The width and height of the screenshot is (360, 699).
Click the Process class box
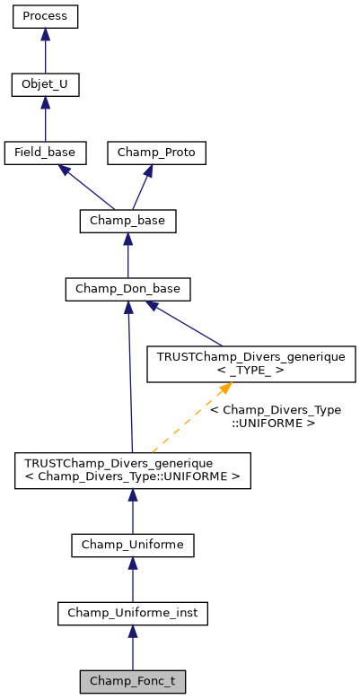coord(45,17)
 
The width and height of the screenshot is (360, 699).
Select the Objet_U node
coord(45,85)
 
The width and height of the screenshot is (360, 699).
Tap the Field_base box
coord(45,153)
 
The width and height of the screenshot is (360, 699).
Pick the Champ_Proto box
coord(157,153)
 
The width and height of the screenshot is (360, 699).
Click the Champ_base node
coord(127,221)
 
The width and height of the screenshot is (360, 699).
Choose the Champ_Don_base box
coord(127,289)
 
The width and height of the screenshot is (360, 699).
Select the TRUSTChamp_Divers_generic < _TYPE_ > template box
coord(251,363)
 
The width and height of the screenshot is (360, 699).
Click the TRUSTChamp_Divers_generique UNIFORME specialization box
coord(132,471)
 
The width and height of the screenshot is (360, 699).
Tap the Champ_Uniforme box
coord(132,545)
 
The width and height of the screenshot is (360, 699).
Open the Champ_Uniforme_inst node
coord(132,613)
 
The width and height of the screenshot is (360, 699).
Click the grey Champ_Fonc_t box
coord(132,681)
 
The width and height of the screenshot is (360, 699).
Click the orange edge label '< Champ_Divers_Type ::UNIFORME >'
coord(275,416)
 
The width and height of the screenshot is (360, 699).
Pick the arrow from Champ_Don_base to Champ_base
coord(127,255)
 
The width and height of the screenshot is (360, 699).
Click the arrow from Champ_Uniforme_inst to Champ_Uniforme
coord(132,580)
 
